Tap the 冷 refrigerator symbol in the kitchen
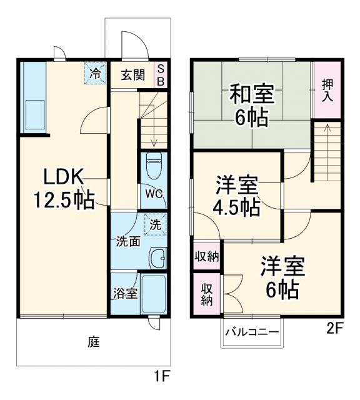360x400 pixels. point(96,74)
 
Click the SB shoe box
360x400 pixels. point(160,75)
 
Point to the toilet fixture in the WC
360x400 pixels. point(154,166)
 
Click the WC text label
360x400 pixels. point(154,194)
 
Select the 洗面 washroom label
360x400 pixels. point(127,242)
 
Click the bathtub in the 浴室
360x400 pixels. point(154,294)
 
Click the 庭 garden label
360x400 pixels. point(94,342)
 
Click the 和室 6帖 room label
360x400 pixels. point(251,105)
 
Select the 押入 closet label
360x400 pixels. point(327,90)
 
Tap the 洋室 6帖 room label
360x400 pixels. point(282,277)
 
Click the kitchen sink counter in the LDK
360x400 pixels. point(33,99)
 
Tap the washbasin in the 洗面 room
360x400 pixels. point(159,256)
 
